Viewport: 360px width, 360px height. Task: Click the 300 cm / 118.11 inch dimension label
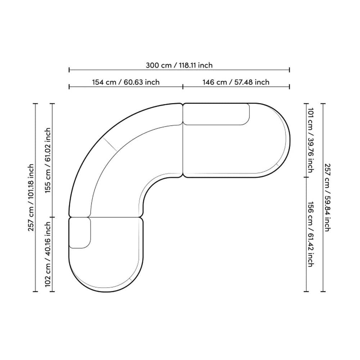179,65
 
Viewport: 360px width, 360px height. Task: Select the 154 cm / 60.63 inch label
126,82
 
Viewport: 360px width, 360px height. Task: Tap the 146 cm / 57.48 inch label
236,82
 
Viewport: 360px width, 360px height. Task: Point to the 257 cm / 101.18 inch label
31,197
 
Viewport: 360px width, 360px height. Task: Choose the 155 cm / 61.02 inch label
48,160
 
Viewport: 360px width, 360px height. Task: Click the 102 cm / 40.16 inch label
48,254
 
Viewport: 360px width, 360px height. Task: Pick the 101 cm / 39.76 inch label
310,140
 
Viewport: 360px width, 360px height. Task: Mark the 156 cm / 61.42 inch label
310,234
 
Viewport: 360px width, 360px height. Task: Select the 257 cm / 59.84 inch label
327,197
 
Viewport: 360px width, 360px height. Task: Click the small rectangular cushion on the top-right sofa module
216,114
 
